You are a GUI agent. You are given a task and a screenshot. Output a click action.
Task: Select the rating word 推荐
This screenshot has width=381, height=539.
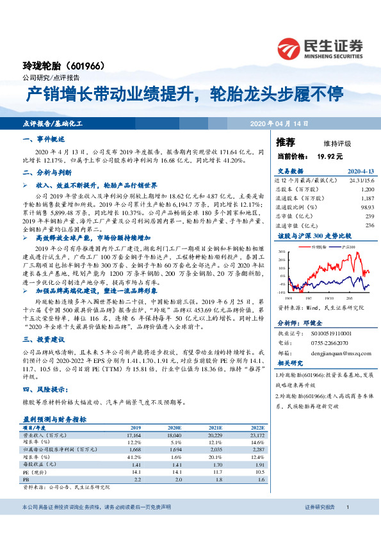click(285, 142)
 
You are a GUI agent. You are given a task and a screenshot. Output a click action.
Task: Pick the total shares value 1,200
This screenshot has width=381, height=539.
click(367, 189)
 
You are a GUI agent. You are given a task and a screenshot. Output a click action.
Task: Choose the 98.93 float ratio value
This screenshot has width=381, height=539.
click(367, 208)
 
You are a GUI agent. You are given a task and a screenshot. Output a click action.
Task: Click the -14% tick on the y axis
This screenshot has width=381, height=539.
click(282, 292)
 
